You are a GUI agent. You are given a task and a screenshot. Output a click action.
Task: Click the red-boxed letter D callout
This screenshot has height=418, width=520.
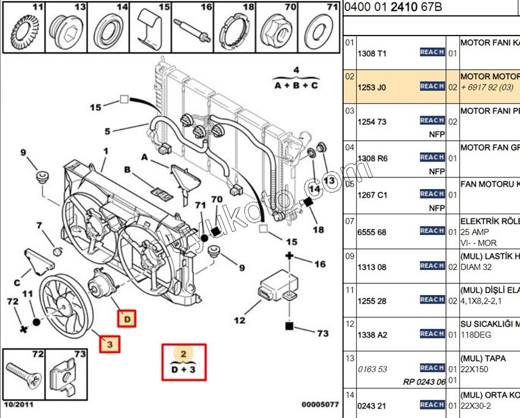(x=127, y=319)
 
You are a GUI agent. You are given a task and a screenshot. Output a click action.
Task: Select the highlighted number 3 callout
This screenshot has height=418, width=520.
(x=110, y=345)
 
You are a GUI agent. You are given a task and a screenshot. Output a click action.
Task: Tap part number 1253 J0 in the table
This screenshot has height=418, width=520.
(x=371, y=88)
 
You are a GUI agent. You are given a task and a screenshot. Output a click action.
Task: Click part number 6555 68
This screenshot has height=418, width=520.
(x=371, y=233)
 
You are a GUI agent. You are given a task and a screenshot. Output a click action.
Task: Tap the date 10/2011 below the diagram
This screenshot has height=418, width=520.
(x=20, y=405)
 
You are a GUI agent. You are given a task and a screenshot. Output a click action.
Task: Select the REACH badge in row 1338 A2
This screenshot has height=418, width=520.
(x=432, y=334)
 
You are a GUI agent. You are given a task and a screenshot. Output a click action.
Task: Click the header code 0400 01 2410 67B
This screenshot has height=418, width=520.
(x=393, y=7)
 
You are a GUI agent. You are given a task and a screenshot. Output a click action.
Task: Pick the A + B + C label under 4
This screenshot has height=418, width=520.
(x=296, y=86)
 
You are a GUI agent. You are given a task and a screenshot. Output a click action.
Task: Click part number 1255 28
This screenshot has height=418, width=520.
(x=371, y=301)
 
